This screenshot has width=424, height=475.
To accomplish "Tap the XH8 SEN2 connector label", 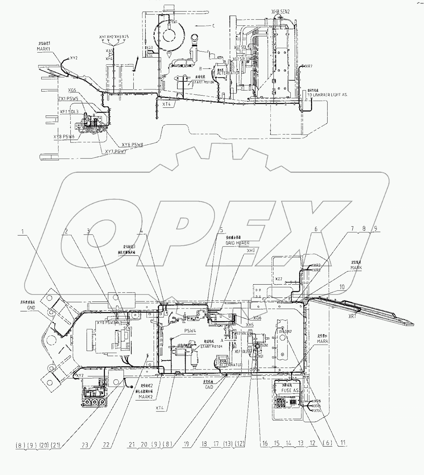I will (281, 12).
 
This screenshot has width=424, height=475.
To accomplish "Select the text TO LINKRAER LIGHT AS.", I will (327, 95).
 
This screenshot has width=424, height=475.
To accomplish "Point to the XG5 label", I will (72, 90).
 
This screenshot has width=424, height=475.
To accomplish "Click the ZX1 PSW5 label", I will (68, 98).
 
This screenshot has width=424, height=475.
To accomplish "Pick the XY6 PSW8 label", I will (132, 145).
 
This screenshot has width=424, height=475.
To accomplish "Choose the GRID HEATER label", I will (238, 243).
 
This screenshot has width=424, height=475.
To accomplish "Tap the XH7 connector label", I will (251, 251).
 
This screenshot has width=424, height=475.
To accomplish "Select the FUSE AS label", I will (290, 390).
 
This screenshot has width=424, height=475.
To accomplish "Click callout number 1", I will (23, 232).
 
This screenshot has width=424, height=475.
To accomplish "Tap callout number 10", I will (342, 287).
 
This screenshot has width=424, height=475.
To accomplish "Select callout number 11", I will (343, 443).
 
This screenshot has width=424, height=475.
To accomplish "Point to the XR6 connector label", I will (318, 401).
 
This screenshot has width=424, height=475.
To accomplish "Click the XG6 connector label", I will (257, 318).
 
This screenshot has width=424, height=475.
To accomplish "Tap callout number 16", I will (265, 443).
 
